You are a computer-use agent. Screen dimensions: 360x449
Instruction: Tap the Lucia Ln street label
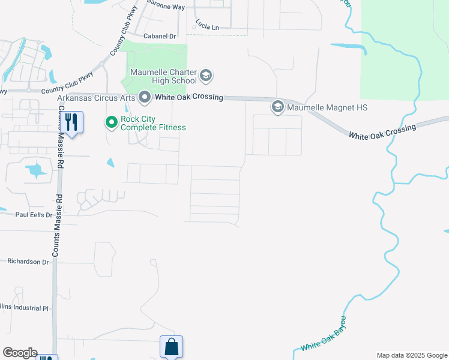click(x=207, y=25)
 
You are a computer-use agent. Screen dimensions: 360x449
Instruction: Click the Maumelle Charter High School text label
click(x=160, y=76)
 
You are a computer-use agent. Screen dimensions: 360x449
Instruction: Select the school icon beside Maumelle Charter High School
click(x=206, y=76)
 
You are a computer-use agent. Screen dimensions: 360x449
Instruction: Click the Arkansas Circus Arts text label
click(x=96, y=97)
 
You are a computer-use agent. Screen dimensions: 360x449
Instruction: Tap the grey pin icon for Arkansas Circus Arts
click(x=144, y=97)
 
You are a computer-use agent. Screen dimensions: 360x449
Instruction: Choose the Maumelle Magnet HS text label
click(x=327, y=107)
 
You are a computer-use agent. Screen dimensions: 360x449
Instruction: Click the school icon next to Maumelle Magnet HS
click(x=277, y=107)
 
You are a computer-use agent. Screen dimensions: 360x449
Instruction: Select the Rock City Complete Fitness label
click(x=153, y=123)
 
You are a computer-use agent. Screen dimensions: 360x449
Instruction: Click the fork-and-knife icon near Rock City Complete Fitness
click(x=71, y=122)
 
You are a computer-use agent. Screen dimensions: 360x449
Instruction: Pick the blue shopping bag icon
click(x=171, y=346)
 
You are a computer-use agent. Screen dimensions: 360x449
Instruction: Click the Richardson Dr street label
click(x=28, y=262)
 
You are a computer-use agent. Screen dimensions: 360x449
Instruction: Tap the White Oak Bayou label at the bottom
click(x=324, y=338)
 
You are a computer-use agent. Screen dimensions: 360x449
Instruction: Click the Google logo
click(x=20, y=353)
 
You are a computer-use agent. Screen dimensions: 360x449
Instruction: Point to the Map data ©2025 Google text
click(x=412, y=355)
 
